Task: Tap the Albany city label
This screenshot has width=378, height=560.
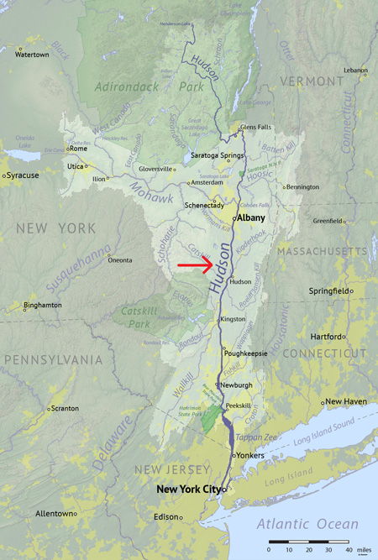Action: click(x=251, y=217)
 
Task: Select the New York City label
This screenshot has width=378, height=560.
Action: click(x=192, y=489)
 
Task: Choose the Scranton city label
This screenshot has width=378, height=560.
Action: click(x=64, y=408)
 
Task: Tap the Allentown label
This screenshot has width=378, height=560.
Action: click(x=54, y=513)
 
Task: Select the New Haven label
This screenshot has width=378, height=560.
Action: click(x=346, y=401)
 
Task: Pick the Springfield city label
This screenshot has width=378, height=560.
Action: click(x=328, y=290)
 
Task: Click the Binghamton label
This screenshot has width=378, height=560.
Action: click(x=43, y=305)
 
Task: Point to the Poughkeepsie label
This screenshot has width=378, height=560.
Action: click(x=246, y=353)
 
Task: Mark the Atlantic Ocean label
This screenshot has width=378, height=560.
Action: click(x=307, y=525)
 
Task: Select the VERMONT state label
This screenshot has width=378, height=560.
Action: click(x=307, y=81)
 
